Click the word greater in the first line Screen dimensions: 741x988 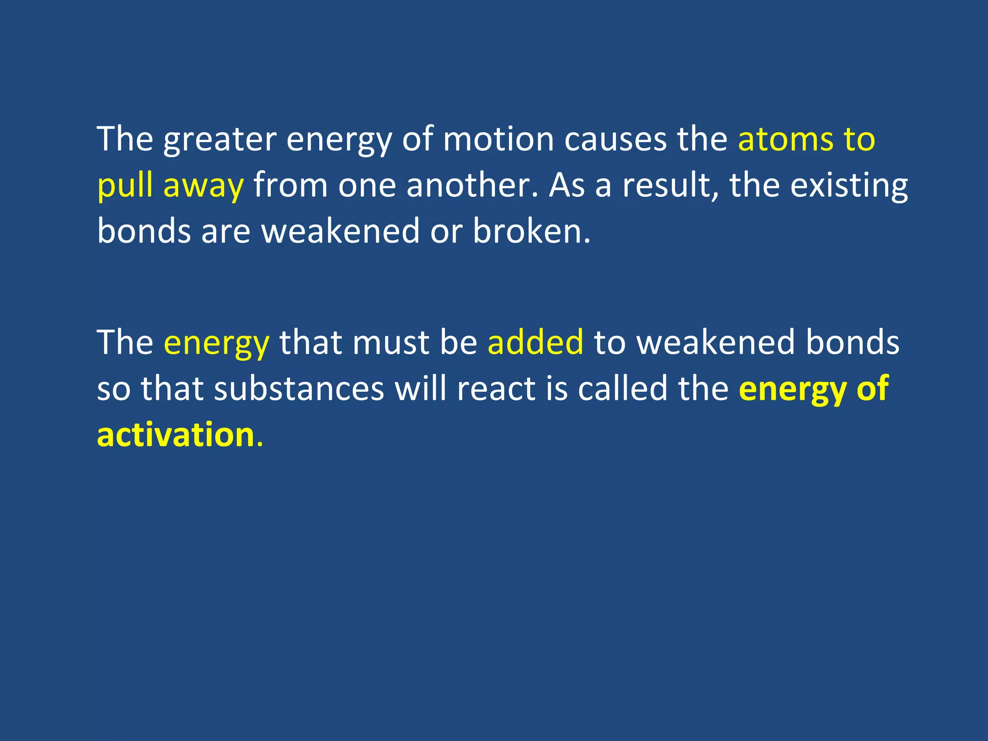(220, 140)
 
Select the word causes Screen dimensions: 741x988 (616, 139)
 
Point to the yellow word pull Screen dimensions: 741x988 (125, 186)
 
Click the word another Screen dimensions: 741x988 (467, 186)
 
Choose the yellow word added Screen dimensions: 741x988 (535, 342)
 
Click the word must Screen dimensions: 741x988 (391, 342)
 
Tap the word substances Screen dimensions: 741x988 (299, 388)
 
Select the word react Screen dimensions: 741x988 (496, 388)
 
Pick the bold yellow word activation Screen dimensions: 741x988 (176, 435)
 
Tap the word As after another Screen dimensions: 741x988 (566, 186)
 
